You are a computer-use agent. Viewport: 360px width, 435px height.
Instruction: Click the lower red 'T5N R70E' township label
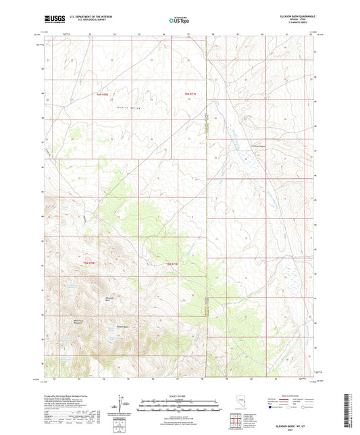click(x=88, y=262)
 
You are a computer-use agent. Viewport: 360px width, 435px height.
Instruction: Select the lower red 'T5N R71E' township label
click(x=172, y=263)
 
